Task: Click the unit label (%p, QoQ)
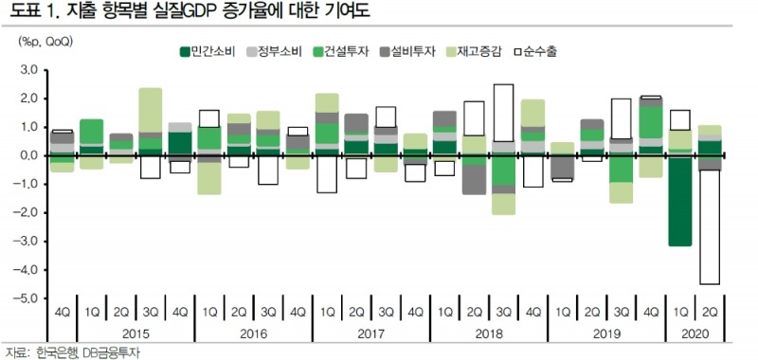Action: tap(45, 42)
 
